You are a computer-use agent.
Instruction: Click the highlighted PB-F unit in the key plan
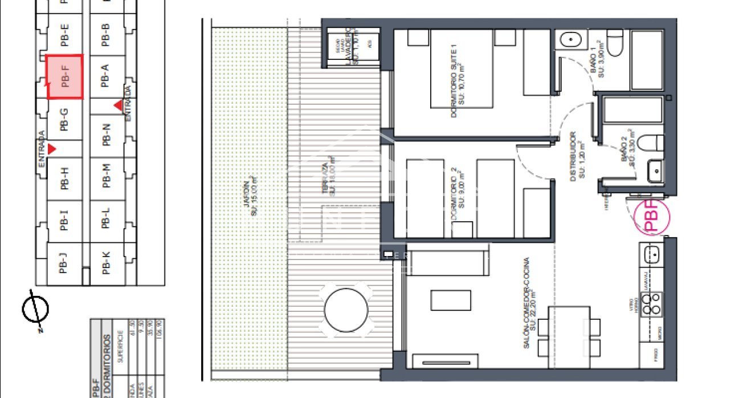click(x=64, y=76)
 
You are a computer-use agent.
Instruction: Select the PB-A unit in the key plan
click(x=104, y=76)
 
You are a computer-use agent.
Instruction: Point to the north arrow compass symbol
click(x=35, y=309)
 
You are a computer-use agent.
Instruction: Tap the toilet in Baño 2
click(x=650, y=143)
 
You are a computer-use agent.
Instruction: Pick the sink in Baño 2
click(x=655, y=170)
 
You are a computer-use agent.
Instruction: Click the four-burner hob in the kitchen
click(x=651, y=304)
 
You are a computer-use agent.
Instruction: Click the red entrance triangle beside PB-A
click(x=119, y=105)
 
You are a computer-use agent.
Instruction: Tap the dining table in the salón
click(x=569, y=336)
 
